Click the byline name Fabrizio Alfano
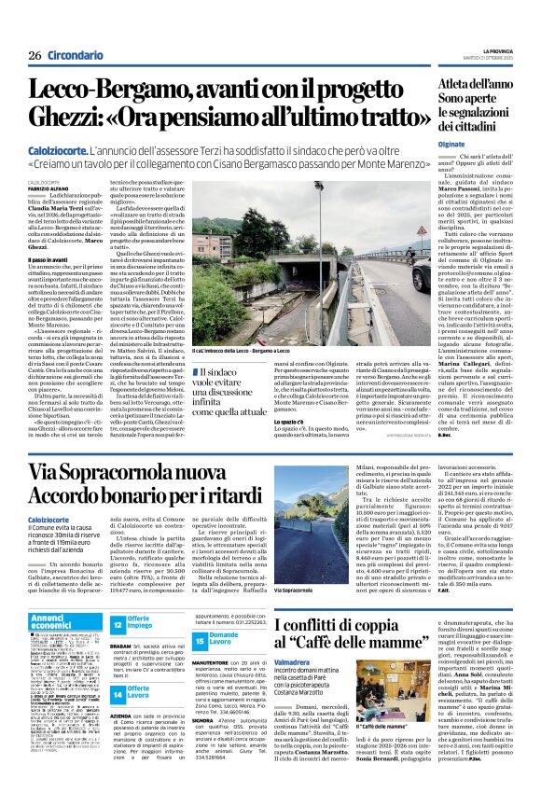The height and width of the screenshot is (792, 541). pyautogui.click(x=47, y=165)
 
